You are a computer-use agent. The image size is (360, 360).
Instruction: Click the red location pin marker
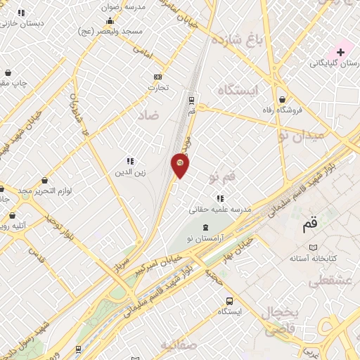click(180, 165)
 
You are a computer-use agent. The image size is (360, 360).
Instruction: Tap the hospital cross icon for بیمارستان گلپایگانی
click(341, 52)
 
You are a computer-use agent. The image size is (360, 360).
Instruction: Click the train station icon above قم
click(191, 100)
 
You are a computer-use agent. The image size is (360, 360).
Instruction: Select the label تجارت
click(156, 88)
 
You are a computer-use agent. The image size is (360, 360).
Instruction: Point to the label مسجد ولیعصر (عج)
click(141, 32)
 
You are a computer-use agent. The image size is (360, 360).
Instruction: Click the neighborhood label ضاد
click(148, 115)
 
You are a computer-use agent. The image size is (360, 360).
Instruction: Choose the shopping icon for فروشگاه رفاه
click(283, 99)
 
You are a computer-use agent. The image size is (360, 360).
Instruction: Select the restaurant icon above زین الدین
click(130, 161)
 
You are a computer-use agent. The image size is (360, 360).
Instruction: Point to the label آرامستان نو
click(205, 238)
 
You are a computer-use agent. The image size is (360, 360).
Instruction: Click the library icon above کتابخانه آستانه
click(314, 247)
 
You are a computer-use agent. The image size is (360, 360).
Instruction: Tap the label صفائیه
click(176, 345)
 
